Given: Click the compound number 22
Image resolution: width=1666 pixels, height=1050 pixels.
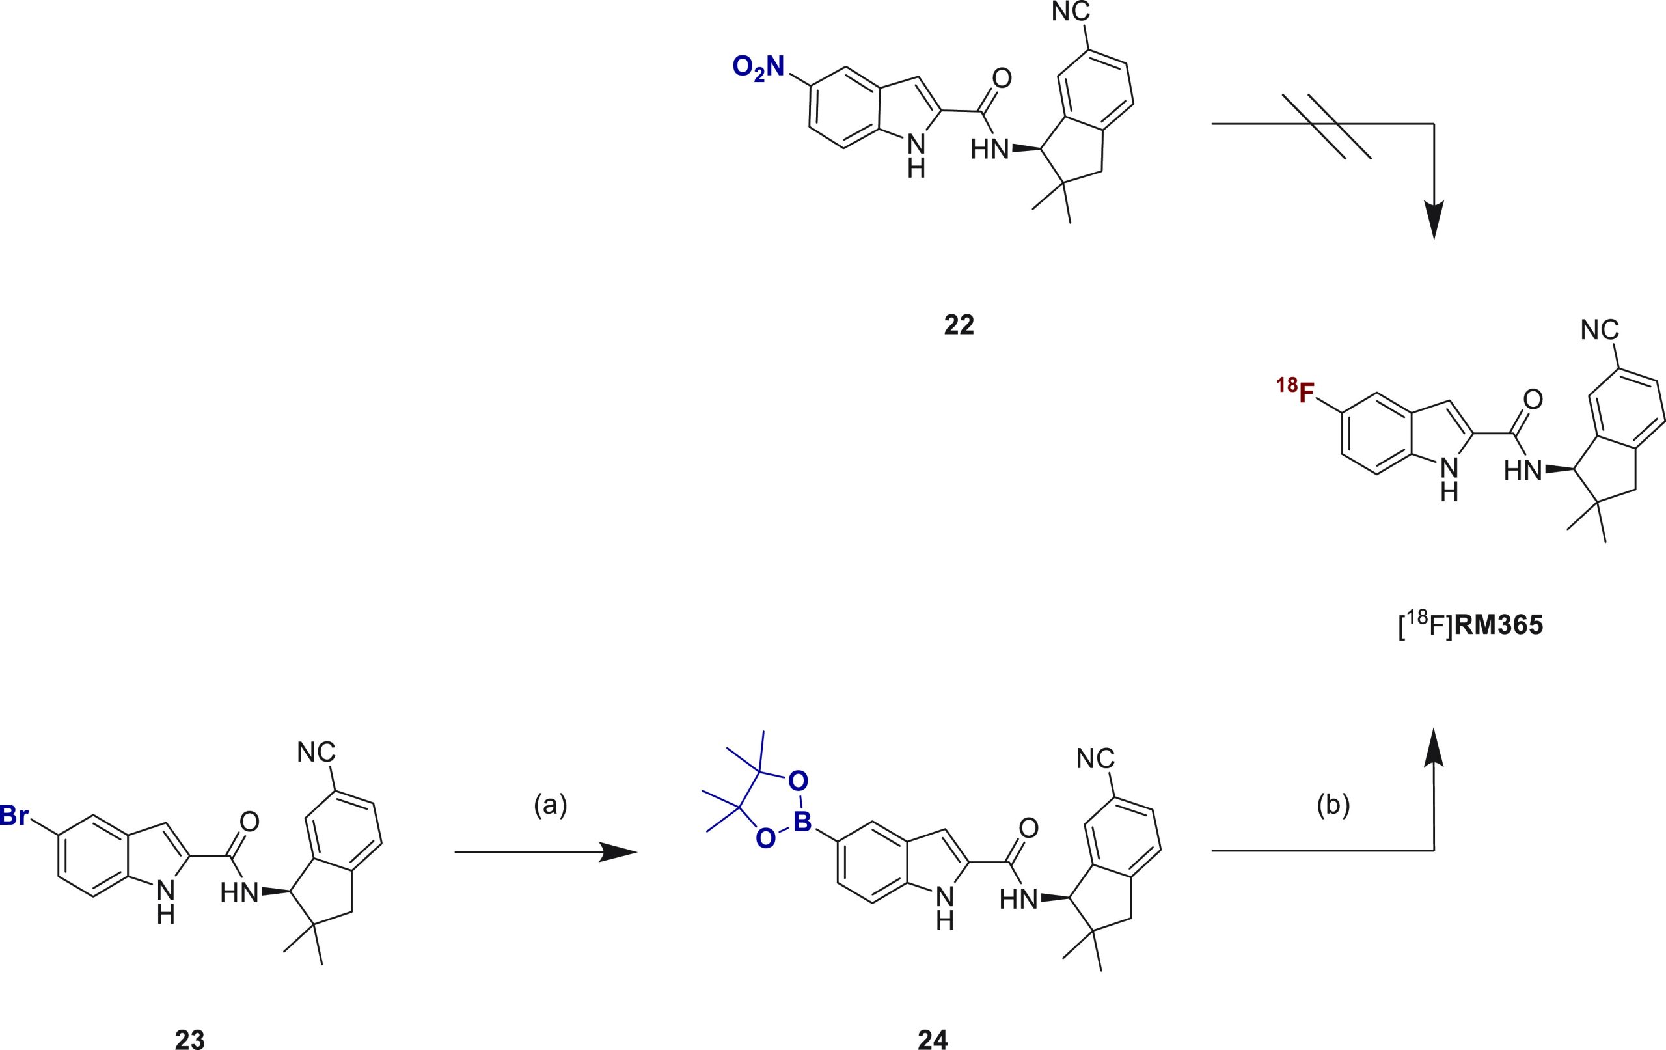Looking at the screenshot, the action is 959,325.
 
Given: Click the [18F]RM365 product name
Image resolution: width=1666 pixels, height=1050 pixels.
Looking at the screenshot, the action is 1471,627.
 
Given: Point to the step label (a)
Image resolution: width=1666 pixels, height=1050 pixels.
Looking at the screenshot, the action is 550,806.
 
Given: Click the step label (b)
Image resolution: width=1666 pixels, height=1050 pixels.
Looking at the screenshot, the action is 1333,806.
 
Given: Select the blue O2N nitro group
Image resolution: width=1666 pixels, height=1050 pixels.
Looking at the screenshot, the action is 759,68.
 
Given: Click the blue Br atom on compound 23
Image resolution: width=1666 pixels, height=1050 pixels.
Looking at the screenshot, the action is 14,816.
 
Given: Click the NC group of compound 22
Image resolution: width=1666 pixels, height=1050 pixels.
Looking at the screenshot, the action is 1071,12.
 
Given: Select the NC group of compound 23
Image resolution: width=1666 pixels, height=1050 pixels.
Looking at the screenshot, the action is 316,752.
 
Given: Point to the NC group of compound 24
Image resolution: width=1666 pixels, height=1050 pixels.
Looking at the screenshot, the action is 1096,758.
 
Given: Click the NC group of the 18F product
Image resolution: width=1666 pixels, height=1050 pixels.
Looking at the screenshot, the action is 1600,329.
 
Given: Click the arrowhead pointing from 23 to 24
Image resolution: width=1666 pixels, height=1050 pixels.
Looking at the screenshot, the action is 617,852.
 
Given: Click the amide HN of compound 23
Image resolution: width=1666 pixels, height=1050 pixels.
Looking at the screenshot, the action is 239,894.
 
